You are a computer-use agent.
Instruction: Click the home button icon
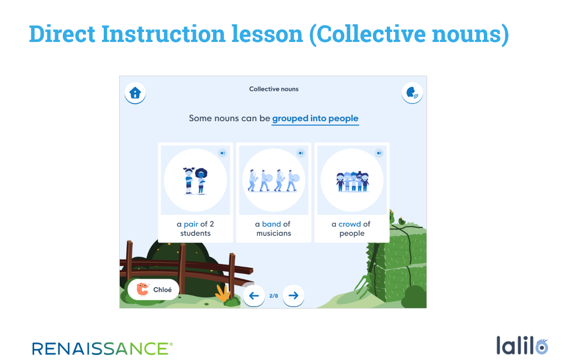pos(135,93)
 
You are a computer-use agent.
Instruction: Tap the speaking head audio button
pos(412,93)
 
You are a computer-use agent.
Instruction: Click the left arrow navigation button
pos(254,295)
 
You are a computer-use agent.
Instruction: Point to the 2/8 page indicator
pos(274,295)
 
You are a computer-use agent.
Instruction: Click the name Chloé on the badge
pos(162,290)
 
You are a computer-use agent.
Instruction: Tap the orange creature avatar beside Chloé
pos(142,289)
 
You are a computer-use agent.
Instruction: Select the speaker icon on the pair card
pos(222,153)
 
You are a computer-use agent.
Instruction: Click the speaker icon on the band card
pos(301,153)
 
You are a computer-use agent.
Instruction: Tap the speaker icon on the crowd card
pos(378,153)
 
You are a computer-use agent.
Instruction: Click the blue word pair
pos(191,224)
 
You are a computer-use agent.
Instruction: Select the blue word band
pos(271,224)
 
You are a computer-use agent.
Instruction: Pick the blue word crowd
pos(350,224)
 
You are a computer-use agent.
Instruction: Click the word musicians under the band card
pos(274,233)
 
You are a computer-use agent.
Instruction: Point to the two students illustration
pos(195,181)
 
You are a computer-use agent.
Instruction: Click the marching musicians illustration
pos(274,181)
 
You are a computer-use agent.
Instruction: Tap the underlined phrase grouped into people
pos(315,118)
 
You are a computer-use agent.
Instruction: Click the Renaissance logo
pos(102,348)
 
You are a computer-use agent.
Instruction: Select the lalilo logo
pos(522,346)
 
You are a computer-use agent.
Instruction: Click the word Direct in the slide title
pos(62,34)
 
